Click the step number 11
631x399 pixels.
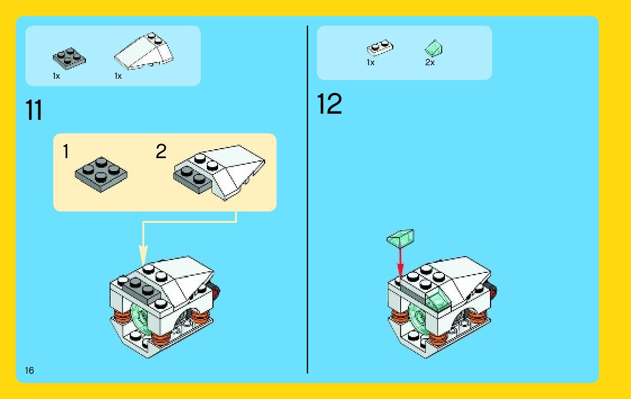[x=34, y=110]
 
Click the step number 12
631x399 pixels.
[x=329, y=104]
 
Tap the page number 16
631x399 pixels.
[x=29, y=370]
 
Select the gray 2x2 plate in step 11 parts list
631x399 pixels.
[x=69, y=59]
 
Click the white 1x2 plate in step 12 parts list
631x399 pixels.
[x=380, y=48]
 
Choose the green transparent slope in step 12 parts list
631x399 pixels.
[x=433, y=48]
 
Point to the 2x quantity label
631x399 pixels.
[x=430, y=62]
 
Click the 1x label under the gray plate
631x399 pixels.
[x=56, y=76]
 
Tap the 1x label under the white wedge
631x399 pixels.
[x=118, y=76]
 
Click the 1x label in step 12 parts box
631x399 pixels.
[x=370, y=62]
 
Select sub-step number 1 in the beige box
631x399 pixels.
[x=66, y=152]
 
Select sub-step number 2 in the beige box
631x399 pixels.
[x=161, y=151]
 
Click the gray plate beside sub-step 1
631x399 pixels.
[x=101, y=174]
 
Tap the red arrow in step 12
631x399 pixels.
[x=400, y=262]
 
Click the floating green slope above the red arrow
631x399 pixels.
[x=401, y=239]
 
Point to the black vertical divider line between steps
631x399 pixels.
[x=307, y=199]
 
